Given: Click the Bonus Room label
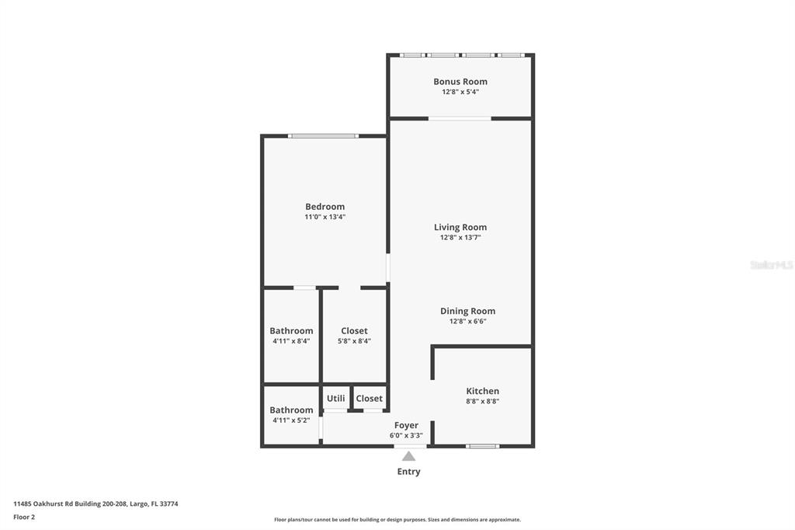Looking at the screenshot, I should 460,82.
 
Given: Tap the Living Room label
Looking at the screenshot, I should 460,228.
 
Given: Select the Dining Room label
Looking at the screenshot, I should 467,311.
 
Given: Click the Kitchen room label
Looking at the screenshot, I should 482,391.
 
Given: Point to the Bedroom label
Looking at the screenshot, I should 325,207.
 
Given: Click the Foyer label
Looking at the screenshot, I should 406,425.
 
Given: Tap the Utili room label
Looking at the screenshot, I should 335,399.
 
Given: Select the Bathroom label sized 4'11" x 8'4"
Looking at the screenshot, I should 291,331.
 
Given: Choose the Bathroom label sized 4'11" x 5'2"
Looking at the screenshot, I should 291,410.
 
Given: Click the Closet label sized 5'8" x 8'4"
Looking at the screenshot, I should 354,331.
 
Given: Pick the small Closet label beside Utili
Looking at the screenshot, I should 370,399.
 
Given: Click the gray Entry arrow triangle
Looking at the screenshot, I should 408,456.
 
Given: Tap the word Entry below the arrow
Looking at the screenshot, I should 408,472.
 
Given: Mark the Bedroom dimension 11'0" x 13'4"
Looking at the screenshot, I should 325,218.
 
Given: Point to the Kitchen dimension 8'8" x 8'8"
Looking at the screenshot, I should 482,402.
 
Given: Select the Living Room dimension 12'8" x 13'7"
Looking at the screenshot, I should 460,238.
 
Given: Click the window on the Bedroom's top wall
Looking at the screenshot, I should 323,136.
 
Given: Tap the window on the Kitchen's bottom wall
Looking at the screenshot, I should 482,446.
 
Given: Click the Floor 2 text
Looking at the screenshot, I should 24,517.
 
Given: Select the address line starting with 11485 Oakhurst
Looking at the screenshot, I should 95,504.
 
